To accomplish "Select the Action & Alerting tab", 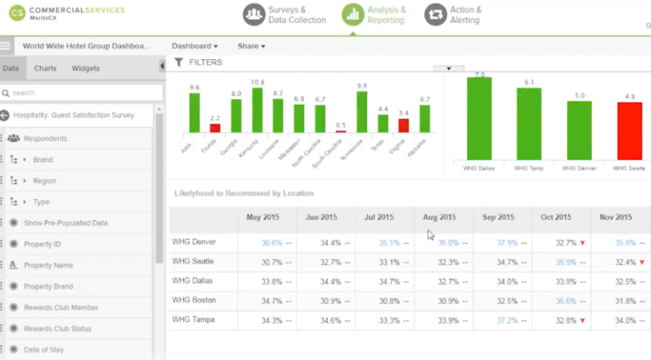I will [x=453, y=14].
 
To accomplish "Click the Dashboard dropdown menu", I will [x=194, y=46].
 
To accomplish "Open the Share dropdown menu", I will [x=251, y=46].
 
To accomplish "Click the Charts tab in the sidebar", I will [x=45, y=69].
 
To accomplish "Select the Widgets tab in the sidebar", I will [x=86, y=69].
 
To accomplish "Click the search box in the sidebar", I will [x=81, y=92].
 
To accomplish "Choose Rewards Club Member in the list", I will [x=61, y=307].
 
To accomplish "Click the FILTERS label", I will [x=206, y=63].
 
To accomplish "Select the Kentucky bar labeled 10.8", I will [x=258, y=110].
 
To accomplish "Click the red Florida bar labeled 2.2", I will [x=215, y=128].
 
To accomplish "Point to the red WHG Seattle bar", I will [x=628, y=132].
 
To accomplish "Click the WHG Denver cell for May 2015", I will [x=265, y=242].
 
